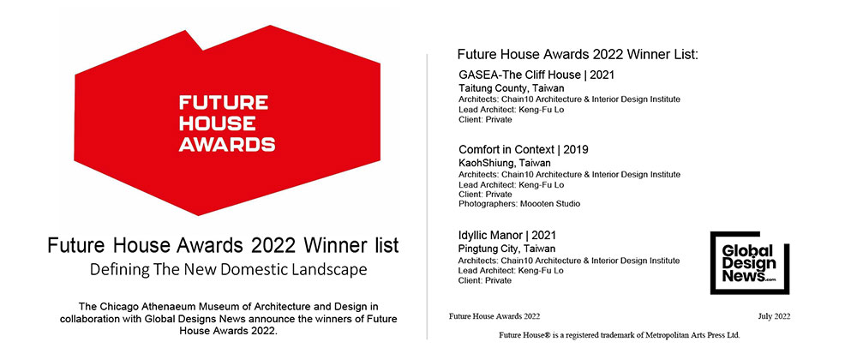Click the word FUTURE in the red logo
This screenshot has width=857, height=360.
click(x=224, y=103)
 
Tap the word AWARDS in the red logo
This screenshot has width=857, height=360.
click(x=227, y=144)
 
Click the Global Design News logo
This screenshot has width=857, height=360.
click(x=749, y=263)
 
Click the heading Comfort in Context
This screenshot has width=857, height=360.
click(x=508, y=150)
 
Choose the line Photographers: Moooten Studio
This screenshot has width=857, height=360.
click(x=519, y=204)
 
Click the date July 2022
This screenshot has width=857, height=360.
click(x=774, y=316)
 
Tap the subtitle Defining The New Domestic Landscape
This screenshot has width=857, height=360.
click(x=229, y=270)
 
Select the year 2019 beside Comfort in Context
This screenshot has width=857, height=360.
click(x=576, y=150)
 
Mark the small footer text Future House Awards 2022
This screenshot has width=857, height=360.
click(x=494, y=316)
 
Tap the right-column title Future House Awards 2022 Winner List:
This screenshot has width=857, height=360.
click(x=578, y=55)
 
